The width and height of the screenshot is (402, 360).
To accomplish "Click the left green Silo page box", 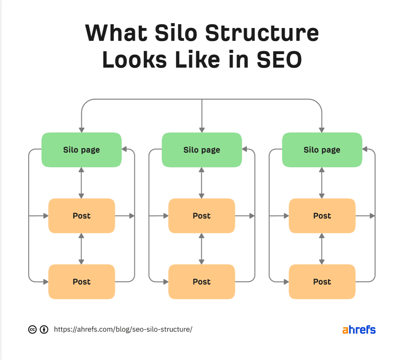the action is pos(82,150).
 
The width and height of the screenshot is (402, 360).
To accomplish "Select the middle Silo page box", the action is pos(202,150).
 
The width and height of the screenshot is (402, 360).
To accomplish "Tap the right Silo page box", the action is pos(322,150).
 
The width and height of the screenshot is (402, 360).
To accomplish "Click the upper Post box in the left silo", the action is pos(82,216).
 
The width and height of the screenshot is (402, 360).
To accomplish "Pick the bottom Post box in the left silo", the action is pos(82,282).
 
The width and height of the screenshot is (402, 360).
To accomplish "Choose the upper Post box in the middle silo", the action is pos(202,216).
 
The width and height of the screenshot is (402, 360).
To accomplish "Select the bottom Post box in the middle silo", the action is pos(202,282).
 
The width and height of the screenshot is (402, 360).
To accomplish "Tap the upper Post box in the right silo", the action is pos(322,216).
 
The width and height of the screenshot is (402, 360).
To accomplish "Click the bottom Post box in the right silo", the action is pos(322,282).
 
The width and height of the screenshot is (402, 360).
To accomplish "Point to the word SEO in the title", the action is pos(279,60).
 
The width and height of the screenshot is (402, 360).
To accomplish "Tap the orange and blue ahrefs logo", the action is pos(359,330).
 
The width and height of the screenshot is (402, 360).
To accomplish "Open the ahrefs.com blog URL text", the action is pos(123,329).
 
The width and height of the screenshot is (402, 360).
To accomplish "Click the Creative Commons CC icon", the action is pos(32,330).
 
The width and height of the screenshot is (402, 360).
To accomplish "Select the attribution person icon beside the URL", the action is pos(44,330).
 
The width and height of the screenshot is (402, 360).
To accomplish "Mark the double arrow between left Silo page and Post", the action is pos(81,183).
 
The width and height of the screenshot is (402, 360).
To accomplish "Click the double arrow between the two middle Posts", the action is pos(201,249).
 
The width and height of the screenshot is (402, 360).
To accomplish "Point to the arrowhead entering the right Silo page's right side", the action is pos(365,149).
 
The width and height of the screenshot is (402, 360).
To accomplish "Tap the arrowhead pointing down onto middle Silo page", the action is pos(202,130).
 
